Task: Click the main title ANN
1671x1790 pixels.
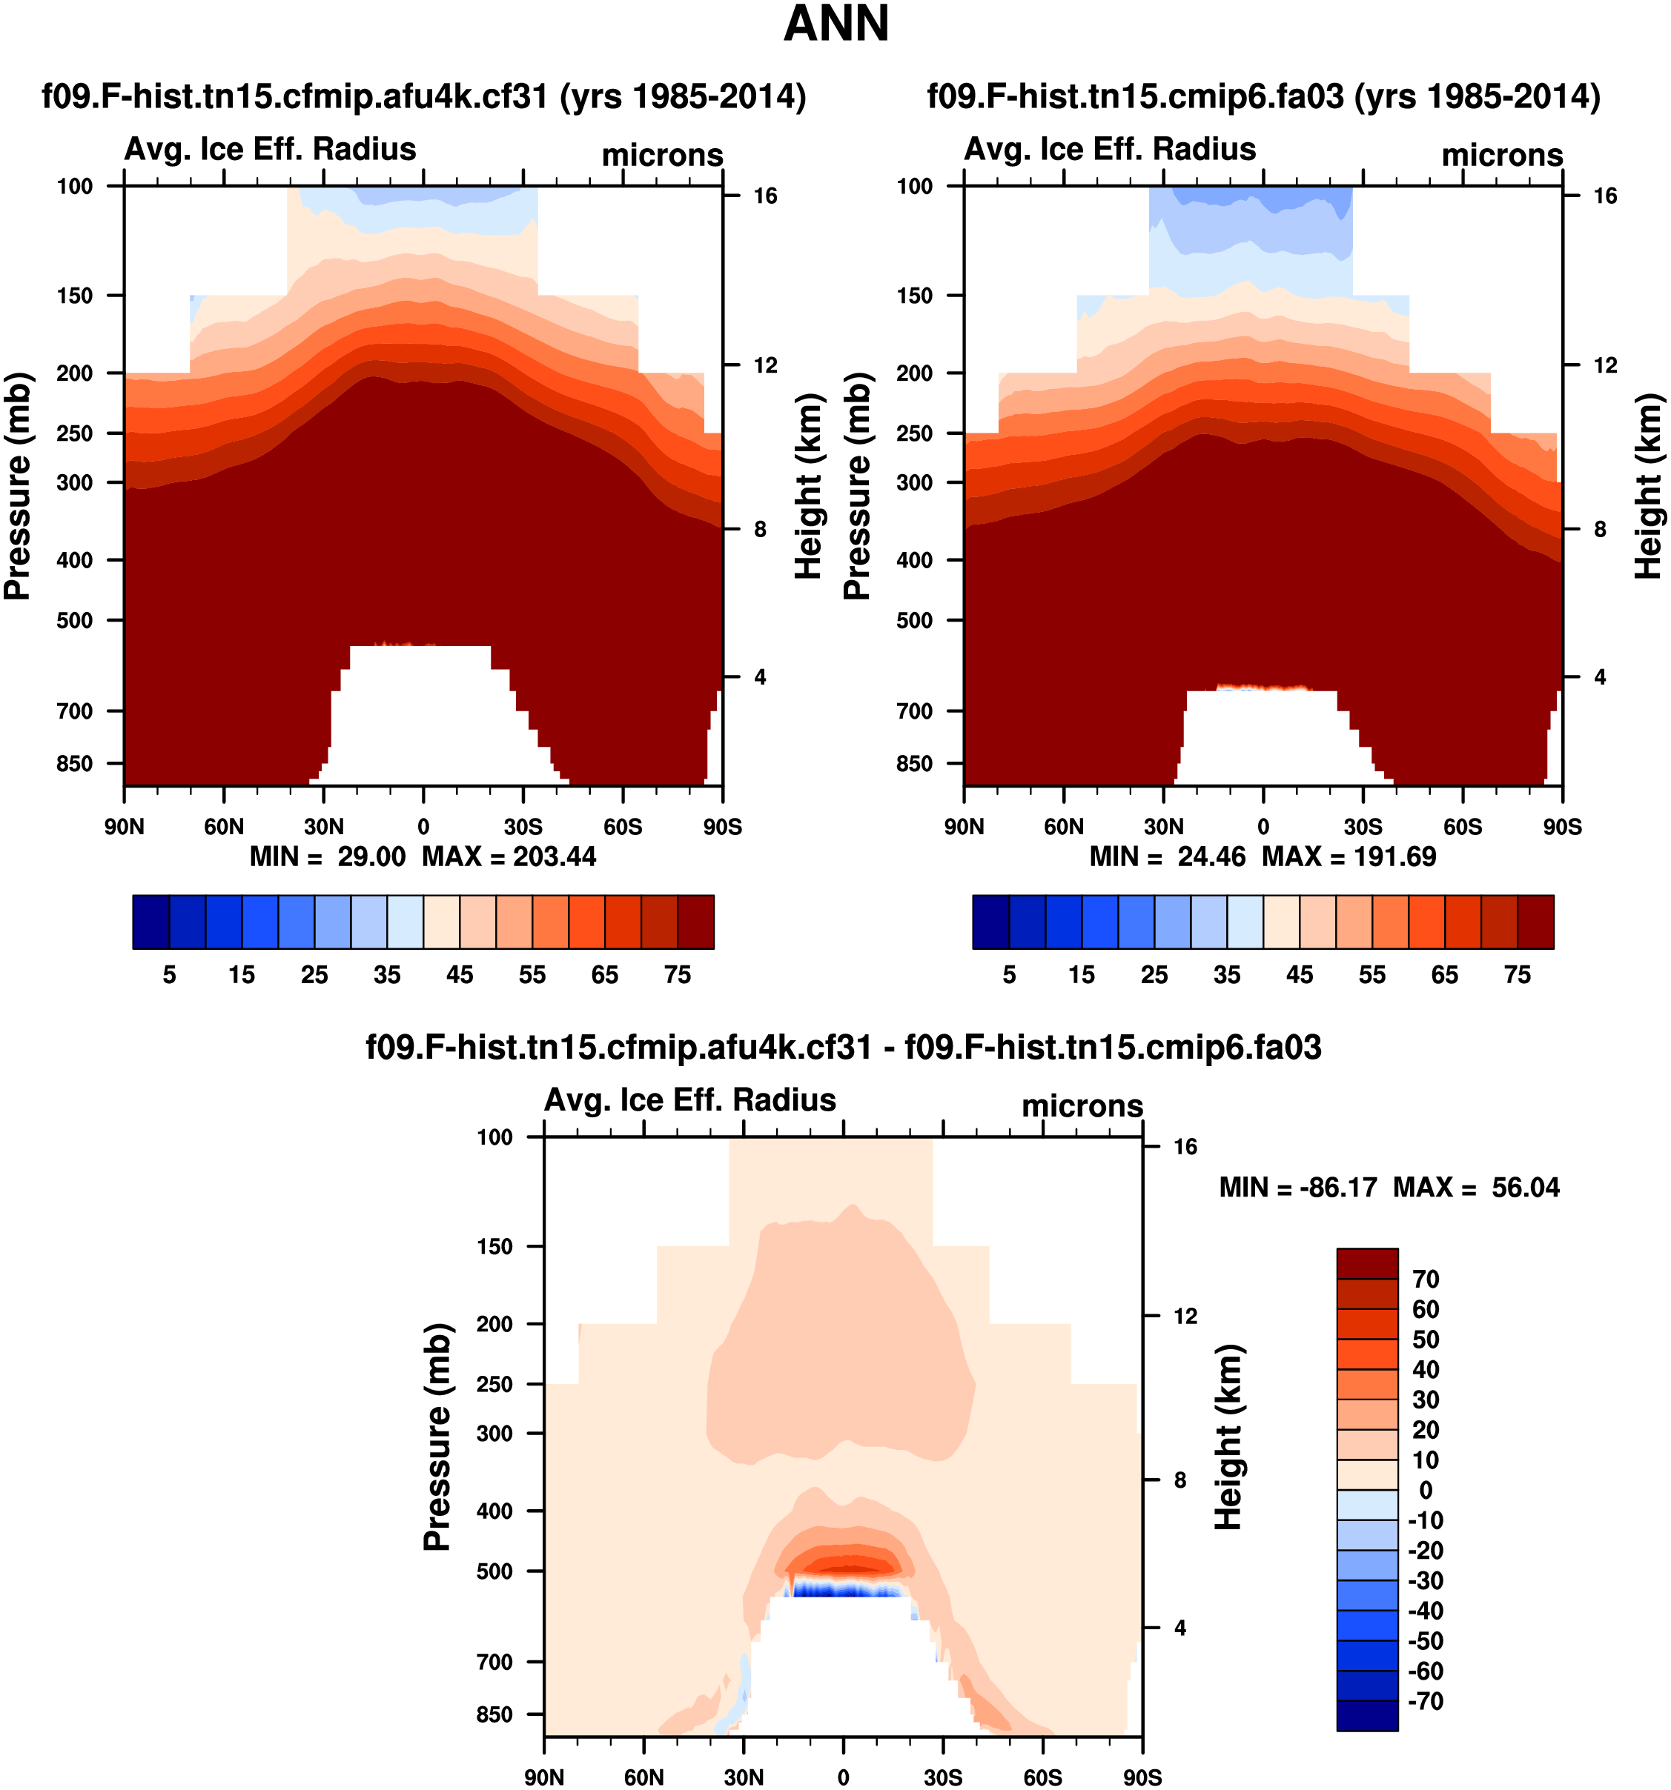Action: tap(836, 24)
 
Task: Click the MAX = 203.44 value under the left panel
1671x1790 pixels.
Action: tap(509, 856)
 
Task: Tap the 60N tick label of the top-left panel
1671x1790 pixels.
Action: tap(223, 827)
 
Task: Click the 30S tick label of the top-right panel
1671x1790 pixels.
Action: tap(1363, 827)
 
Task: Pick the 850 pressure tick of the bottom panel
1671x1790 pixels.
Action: tap(494, 1714)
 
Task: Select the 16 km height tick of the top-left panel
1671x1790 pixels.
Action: tap(765, 196)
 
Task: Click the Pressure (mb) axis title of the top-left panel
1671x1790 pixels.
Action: tap(18, 486)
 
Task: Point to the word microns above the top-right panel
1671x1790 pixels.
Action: tap(1502, 155)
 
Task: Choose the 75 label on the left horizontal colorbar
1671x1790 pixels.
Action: tap(678, 975)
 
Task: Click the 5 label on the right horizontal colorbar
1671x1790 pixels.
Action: tap(1009, 975)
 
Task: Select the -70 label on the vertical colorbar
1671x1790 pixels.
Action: tap(1425, 1702)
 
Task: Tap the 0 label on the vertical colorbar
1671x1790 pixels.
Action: tap(1425, 1490)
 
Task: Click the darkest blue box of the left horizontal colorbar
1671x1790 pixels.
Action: tap(150, 922)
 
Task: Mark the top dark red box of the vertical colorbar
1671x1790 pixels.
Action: tap(1366, 1263)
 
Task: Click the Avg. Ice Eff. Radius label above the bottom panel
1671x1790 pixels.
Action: tap(690, 1100)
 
